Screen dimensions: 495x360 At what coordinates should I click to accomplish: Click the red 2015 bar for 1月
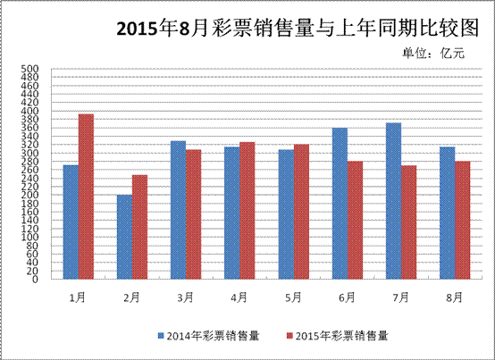86,197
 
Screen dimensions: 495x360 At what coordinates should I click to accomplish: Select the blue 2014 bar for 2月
124,237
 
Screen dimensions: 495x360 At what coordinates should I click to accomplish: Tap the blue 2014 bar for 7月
393,201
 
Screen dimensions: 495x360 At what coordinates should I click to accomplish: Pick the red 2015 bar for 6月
355,221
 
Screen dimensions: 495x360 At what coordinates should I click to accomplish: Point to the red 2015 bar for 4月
247,211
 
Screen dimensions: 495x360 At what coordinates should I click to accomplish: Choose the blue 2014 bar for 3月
178,210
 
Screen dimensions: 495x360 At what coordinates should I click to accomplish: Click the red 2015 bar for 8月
463,221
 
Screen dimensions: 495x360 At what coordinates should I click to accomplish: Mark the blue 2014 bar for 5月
286,214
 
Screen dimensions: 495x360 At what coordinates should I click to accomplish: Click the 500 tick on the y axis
29,69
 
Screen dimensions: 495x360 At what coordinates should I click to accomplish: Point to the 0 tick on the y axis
35,280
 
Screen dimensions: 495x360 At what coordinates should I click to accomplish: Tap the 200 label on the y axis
29,195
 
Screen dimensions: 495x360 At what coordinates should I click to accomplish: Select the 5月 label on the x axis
293,297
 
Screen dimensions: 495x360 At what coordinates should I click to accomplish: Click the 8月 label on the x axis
455,297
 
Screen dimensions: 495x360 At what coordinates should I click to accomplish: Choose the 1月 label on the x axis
78,297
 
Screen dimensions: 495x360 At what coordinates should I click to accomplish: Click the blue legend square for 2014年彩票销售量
161,336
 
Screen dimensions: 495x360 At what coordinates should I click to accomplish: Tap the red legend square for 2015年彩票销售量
289,336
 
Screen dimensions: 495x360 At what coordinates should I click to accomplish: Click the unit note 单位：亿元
433,53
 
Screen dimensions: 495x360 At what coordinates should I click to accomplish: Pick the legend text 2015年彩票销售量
341,336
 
